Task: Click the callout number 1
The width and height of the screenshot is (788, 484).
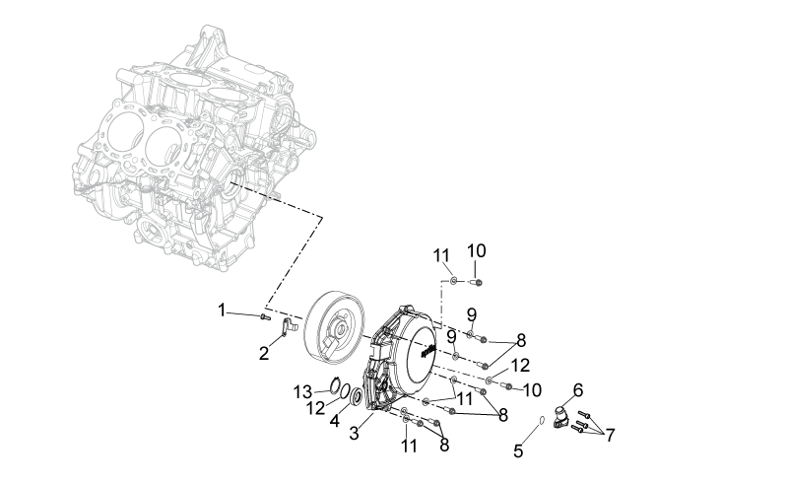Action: tap(222, 311)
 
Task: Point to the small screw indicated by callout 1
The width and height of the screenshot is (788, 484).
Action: tap(265, 317)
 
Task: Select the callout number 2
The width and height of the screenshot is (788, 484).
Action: tap(264, 354)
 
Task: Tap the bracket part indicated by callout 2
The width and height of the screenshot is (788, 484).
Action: tap(289, 327)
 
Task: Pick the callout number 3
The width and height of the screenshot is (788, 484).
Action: tap(355, 433)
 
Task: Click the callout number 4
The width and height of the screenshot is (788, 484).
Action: tap(335, 421)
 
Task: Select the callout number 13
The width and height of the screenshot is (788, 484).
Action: tap(303, 392)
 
